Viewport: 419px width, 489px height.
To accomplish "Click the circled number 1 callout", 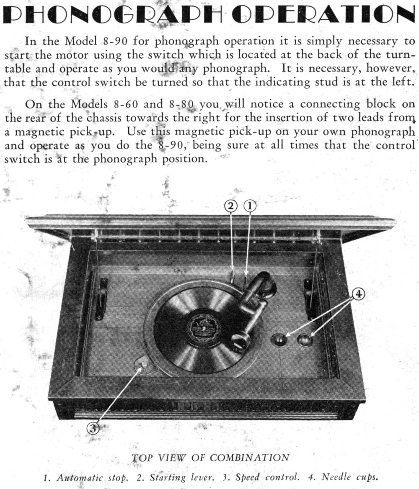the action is coord(250,206).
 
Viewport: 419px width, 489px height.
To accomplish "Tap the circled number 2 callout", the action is coord(231,206).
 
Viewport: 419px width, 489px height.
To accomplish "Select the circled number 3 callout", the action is coord(93,428).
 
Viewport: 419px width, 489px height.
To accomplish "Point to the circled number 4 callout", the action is coord(358,294).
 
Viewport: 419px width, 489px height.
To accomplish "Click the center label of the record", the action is coord(204,328).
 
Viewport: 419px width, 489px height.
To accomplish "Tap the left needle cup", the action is coord(279,340).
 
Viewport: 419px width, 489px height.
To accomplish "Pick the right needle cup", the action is coord(305,340).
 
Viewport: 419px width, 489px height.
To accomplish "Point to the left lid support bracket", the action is coord(101,299).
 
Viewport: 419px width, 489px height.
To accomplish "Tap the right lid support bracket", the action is coord(310,299).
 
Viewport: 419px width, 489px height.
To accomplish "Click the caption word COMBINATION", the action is coord(249,458).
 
